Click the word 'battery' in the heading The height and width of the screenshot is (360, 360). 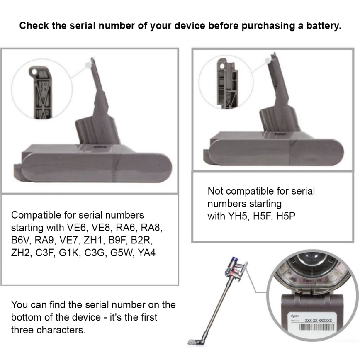click(x=324, y=26)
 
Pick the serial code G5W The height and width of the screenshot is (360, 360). click(x=119, y=253)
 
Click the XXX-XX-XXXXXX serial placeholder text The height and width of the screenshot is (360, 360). click(x=318, y=321)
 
